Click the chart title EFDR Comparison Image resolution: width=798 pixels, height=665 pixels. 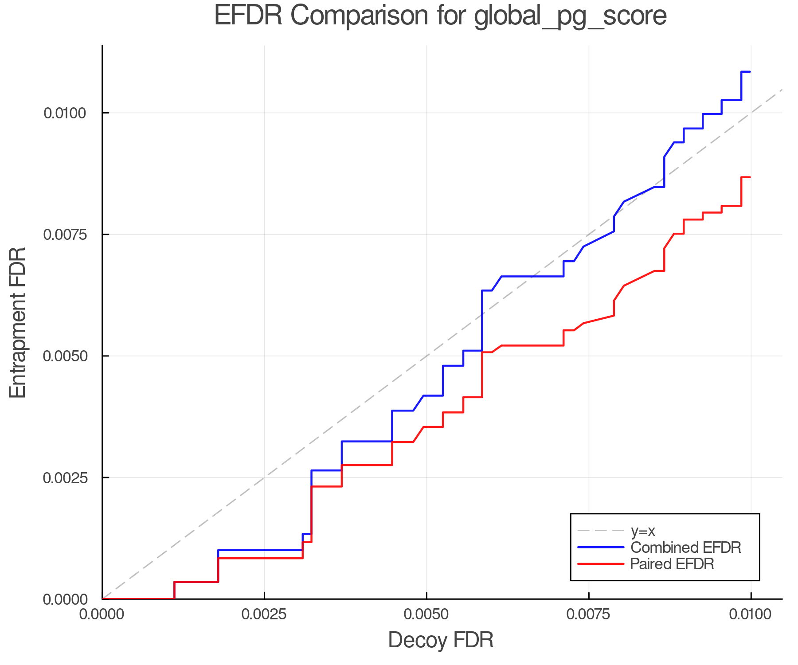[440, 16]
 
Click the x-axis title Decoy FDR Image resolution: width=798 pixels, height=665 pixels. [441, 640]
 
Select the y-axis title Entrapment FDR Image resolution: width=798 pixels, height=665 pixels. [18, 322]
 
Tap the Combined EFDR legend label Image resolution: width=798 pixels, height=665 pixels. [685, 548]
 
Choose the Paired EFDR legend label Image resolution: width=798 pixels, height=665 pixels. [672, 564]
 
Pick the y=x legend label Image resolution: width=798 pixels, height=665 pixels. [643, 531]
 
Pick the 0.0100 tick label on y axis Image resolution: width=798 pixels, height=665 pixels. [64, 113]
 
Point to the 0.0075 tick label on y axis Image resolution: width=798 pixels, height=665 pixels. [64, 235]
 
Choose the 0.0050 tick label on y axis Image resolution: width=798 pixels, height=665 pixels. [64, 356]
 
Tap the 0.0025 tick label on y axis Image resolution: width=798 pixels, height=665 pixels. [64, 478]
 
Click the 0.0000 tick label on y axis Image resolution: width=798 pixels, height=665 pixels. [64, 599]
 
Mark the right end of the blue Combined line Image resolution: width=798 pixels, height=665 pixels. [750, 71]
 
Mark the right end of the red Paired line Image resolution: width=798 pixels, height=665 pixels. [750, 177]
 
